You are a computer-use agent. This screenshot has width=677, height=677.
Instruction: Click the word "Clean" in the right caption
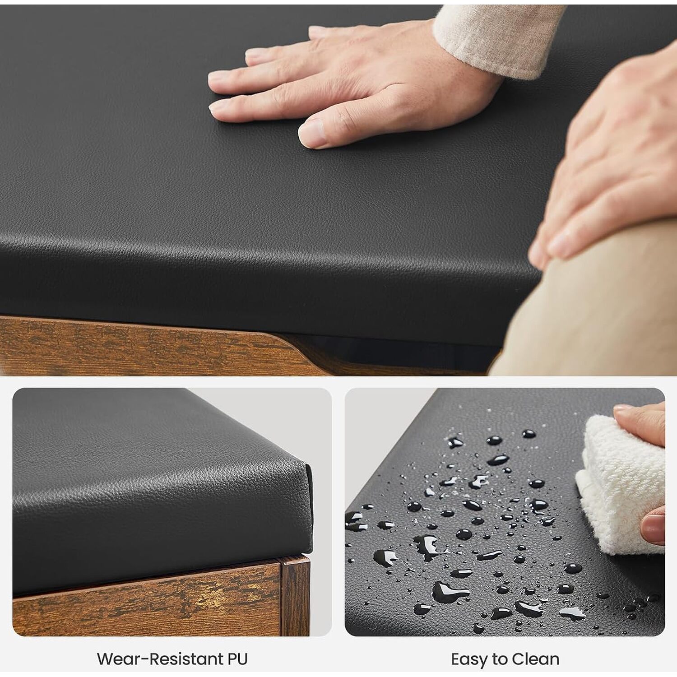(x=535, y=659)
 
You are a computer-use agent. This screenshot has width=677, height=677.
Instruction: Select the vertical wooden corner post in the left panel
(x=295, y=596)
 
